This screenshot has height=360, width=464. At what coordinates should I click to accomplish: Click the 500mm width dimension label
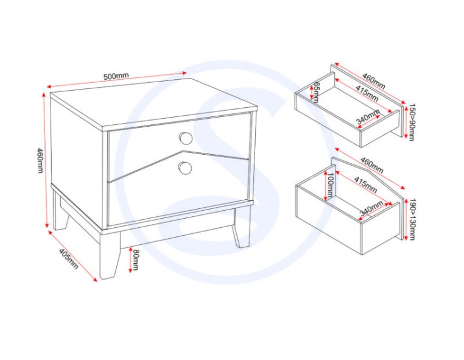coord(116,76)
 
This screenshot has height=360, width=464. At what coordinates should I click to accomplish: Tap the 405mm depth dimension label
coord(69,259)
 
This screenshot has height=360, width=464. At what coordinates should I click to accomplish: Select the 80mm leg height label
coord(136,259)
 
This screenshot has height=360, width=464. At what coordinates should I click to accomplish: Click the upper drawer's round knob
coord(186,138)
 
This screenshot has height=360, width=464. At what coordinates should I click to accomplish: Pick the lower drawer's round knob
coord(185,168)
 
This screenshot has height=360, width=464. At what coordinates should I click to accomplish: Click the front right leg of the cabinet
coord(241,227)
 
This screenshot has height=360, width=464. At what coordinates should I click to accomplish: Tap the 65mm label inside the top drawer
coord(316,92)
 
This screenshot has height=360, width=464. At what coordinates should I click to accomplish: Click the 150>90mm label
coord(412,122)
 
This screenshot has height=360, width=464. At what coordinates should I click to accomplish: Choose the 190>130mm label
coord(412,219)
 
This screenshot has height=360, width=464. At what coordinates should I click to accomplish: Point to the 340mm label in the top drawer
coord(368,116)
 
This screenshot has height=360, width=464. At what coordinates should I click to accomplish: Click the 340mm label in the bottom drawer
coord(371,208)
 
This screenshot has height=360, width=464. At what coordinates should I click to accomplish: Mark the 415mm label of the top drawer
coord(367,93)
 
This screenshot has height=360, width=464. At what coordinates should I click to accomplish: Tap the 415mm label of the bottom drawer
coord(365,185)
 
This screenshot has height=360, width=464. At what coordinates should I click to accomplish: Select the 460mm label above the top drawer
coord(374,82)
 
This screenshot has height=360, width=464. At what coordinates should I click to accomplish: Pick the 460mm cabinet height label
coord(40,160)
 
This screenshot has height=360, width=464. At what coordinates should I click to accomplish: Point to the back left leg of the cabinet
coord(61,211)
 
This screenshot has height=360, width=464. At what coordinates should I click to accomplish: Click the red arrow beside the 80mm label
coord(130,260)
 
